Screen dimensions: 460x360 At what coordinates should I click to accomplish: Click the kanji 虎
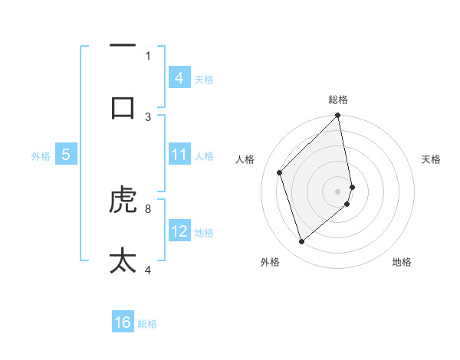click(x=123, y=201)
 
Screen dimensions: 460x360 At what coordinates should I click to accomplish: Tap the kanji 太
click(x=123, y=259)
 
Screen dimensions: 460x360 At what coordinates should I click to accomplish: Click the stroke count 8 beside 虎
click(x=148, y=208)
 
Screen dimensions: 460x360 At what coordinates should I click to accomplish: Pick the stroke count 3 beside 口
click(x=148, y=116)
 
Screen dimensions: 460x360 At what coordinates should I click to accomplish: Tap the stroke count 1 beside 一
click(x=148, y=55)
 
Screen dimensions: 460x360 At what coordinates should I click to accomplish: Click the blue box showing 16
click(x=123, y=322)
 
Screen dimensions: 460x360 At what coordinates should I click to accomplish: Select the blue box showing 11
click(x=179, y=155)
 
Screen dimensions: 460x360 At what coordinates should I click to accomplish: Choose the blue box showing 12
click(x=179, y=231)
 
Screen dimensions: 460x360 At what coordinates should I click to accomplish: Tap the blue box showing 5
click(x=66, y=155)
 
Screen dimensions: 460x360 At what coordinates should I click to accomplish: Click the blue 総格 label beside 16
click(x=147, y=324)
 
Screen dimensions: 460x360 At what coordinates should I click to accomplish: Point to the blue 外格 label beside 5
click(x=41, y=156)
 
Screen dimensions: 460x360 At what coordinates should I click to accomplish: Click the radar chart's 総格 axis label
click(x=338, y=100)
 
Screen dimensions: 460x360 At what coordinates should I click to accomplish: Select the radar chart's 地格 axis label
click(x=402, y=262)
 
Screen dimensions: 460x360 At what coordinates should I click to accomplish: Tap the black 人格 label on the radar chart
click(x=245, y=159)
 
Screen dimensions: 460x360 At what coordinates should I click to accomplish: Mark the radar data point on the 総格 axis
click(x=338, y=116)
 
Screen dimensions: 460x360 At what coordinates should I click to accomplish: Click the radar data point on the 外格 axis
click(x=301, y=242)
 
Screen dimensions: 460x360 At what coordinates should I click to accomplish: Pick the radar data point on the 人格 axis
click(x=280, y=172)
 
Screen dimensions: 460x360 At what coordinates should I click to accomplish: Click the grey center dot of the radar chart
click(x=338, y=191)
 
